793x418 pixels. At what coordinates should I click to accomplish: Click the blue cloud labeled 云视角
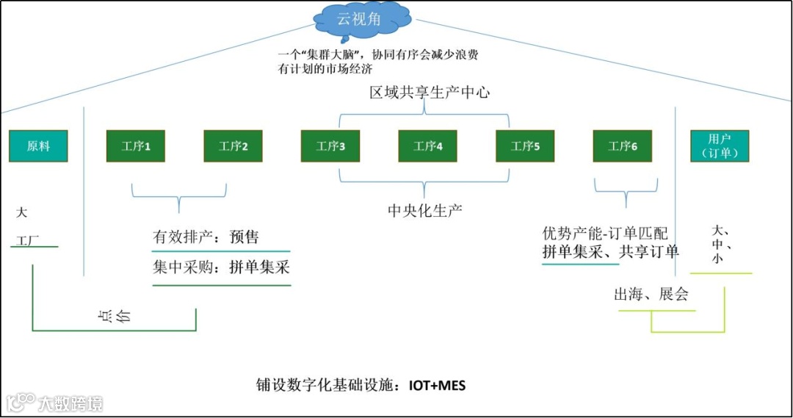(359, 21)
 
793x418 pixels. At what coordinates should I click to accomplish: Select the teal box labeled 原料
(38, 146)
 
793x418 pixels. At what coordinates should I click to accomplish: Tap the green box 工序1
(136, 146)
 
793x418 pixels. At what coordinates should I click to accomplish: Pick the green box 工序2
(233, 146)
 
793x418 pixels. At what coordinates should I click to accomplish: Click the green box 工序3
(330, 146)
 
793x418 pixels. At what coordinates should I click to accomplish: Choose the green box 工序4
(428, 146)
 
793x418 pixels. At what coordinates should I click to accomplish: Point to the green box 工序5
(525, 146)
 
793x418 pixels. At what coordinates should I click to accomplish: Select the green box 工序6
(623, 146)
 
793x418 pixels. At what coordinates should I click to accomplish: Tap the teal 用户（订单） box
(719, 146)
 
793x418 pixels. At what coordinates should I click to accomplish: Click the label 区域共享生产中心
(430, 93)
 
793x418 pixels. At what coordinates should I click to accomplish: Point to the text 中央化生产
(425, 211)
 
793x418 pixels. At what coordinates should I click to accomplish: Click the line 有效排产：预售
(206, 237)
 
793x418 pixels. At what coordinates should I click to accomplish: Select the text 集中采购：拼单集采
(221, 267)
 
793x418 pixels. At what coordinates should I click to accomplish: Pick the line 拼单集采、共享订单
(610, 252)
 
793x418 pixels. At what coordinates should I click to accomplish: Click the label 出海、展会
(651, 295)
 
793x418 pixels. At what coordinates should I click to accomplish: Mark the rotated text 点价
(114, 316)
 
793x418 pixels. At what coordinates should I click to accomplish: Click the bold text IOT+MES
(438, 385)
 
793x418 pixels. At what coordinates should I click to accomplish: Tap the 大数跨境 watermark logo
(55, 403)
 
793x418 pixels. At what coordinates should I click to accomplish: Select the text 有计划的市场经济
(325, 70)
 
